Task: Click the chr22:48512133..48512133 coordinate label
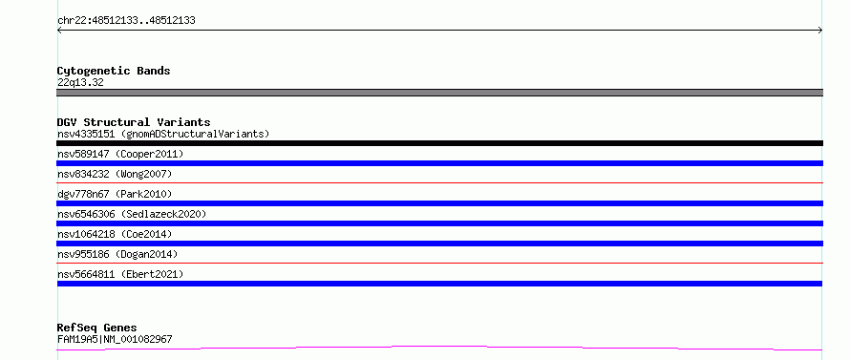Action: (126, 21)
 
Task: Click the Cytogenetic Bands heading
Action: (114, 71)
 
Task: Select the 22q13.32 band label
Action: (80, 82)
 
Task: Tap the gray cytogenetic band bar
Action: (439, 93)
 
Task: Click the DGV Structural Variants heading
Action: (134, 122)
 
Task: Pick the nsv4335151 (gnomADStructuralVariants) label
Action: (163, 134)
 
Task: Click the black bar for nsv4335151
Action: (439, 143)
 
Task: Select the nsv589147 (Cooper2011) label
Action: (120, 154)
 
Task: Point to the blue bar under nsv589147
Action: (439, 163)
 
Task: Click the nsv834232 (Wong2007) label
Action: (115, 174)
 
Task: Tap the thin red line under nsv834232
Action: (439, 183)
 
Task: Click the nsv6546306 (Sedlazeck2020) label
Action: (132, 214)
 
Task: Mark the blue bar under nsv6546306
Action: (439, 223)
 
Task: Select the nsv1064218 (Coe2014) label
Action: (115, 234)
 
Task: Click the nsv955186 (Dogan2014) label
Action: (117, 254)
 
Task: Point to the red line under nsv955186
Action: (439, 263)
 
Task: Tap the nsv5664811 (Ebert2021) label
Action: (120, 274)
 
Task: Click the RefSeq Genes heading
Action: (97, 328)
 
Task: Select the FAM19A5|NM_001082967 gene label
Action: (115, 339)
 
